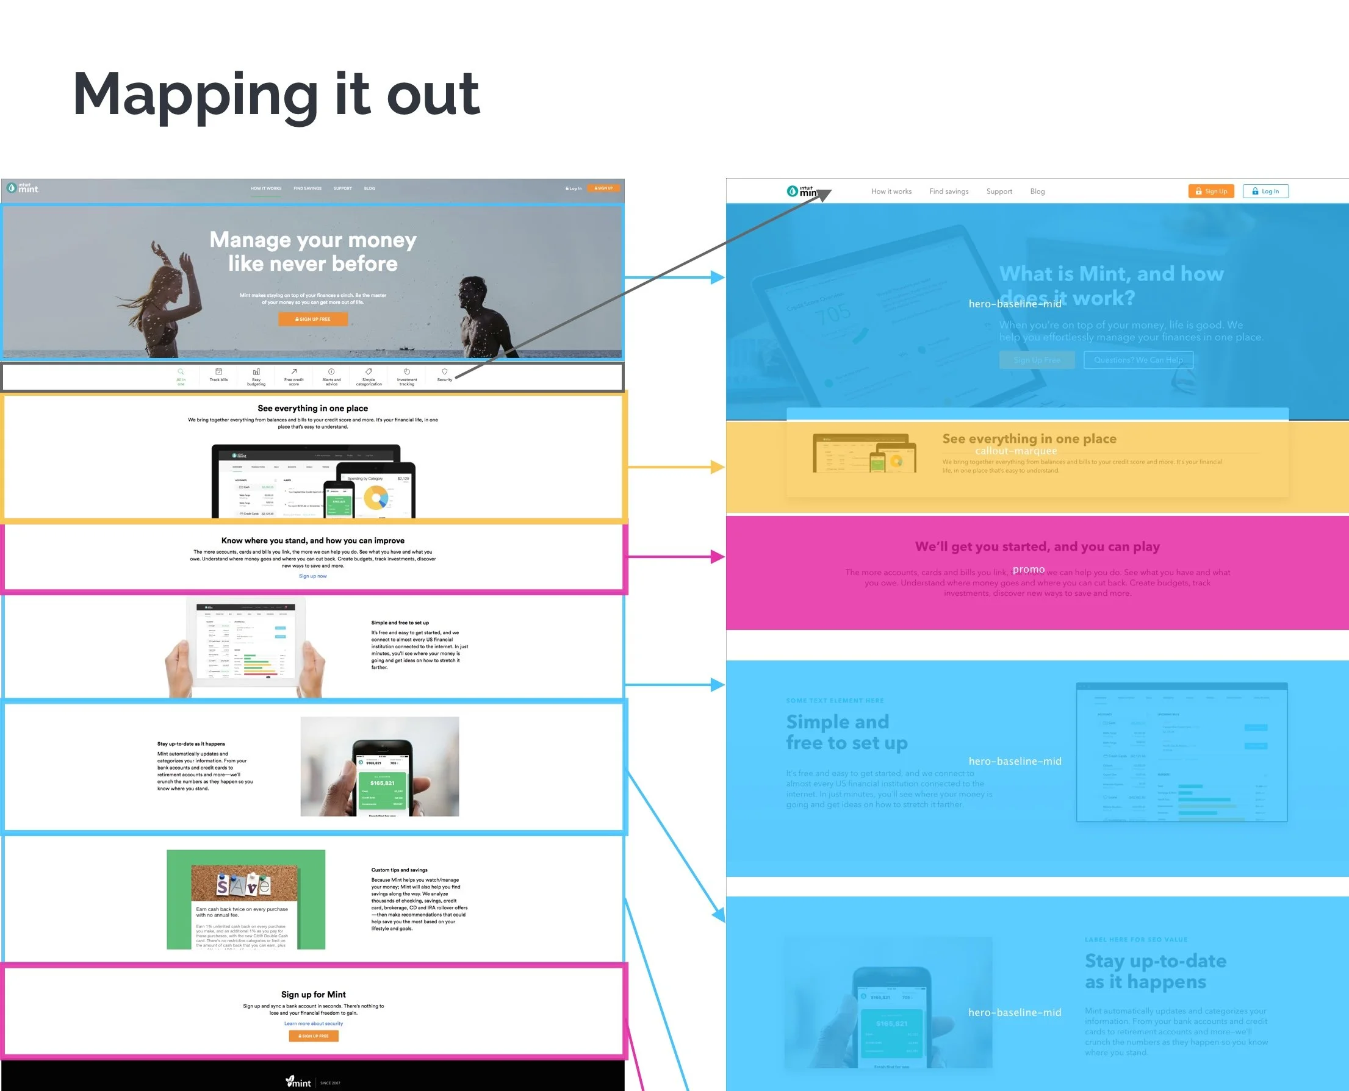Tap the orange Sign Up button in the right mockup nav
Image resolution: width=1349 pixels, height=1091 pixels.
pos(1211,191)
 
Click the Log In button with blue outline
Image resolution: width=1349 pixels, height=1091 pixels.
pos(1265,191)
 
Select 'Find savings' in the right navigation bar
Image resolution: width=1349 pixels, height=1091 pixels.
pos(949,191)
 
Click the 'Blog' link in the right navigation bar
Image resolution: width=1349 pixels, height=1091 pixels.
pos(1037,191)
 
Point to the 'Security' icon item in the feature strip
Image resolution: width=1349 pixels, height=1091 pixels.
pos(444,375)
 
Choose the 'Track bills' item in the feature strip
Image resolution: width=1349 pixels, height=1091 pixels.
pos(219,375)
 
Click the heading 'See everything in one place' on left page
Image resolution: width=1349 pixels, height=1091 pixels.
pos(312,409)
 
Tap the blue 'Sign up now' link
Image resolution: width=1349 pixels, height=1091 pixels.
pos(312,576)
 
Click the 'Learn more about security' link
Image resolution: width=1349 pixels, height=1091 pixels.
pos(313,1024)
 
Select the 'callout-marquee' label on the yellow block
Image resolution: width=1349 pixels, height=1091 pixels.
pos(1016,451)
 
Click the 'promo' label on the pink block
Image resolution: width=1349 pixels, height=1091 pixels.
pos(1029,570)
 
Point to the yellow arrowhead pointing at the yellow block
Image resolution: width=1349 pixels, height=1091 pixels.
pos(717,467)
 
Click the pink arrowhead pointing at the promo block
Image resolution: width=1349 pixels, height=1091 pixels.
pos(717,557)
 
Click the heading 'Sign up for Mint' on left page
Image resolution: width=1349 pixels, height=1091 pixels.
pos(313,994)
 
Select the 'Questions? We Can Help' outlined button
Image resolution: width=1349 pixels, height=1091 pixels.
pos(1138,360)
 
